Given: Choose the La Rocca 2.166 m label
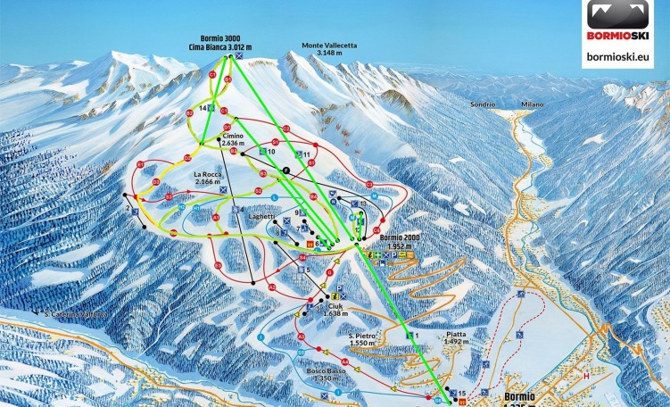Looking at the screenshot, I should pyautogui.click(x=208, y=178).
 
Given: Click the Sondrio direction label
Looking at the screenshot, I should pyautogui.click(x=483, y=104).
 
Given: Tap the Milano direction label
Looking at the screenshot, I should pyautogui.click(x=533, y=104).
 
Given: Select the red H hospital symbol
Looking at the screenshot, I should pyautogui.click(x=587, y=376).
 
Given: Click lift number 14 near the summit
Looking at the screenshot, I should pyautogui.click(x=204, y=107).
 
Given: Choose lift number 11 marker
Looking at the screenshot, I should pyautogui.click(x=306, y=154).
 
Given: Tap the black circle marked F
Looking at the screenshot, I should pyautogui.click(x=285, y=170).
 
